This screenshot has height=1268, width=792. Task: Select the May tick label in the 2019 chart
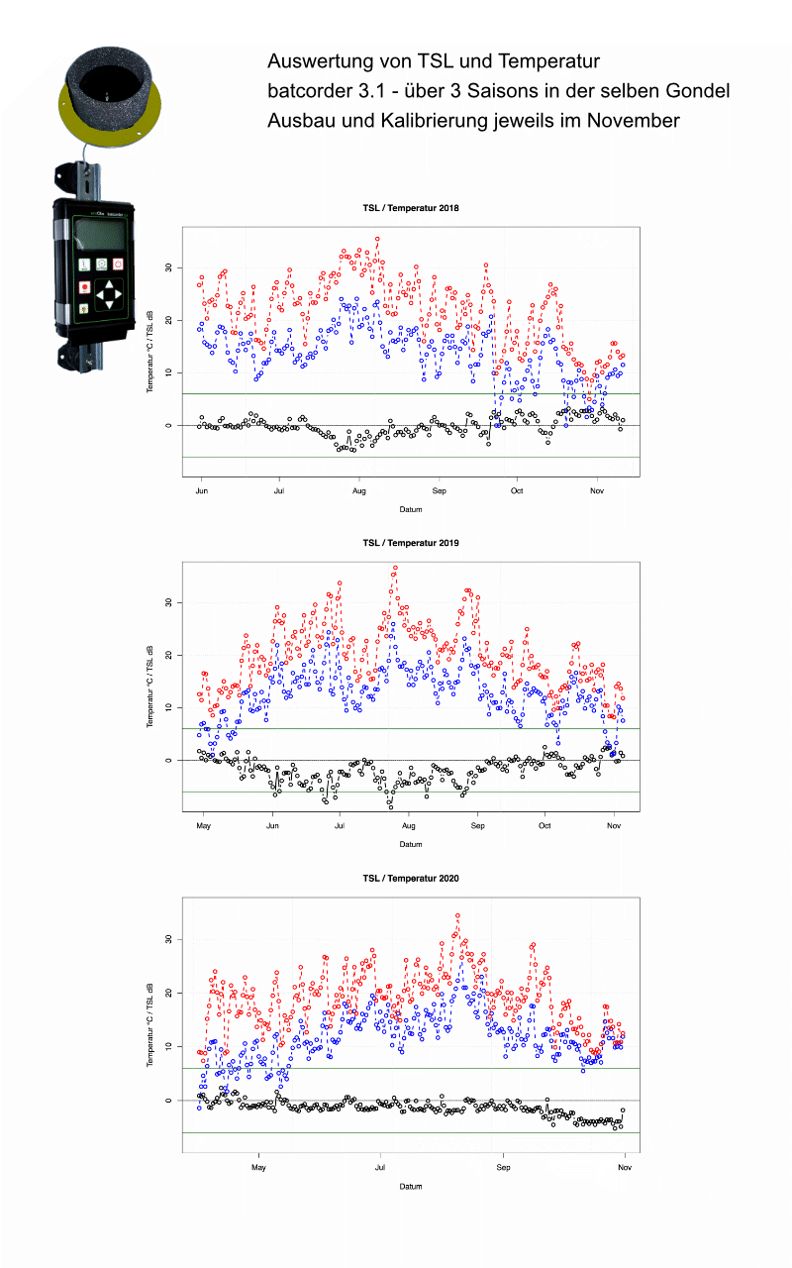[x=204, y=825]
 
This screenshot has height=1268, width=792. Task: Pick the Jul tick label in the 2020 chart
[x=380, y=1168]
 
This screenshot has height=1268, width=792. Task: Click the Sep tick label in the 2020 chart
[x=502, y=1168]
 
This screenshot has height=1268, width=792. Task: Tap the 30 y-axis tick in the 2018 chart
[x=168, y=267]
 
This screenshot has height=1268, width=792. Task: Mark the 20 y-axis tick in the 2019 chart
[x=168, y=655]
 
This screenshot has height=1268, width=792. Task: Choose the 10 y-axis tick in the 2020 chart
[x=168, y=1046]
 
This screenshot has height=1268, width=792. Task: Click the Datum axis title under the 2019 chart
[x=410, y=845]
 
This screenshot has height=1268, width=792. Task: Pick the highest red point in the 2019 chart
[x=395, y=569]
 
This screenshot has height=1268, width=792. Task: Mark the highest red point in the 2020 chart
[x=457, y=916]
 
